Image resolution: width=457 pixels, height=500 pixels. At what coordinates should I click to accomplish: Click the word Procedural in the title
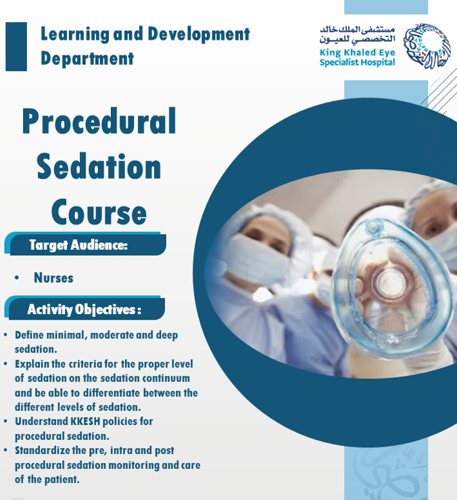tap(99, 121)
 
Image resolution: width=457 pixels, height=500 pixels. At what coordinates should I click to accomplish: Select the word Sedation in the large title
tap(99, 166)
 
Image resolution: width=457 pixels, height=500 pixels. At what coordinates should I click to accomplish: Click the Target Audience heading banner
tap(85, 244)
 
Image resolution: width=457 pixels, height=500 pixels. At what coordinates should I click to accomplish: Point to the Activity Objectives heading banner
tap(85, 308)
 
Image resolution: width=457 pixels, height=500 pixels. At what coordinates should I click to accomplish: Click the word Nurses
tap(53, 278)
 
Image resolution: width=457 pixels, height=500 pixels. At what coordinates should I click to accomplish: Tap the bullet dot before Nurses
tap(17, 278)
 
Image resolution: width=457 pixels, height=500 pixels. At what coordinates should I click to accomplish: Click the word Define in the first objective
tap(29, 335)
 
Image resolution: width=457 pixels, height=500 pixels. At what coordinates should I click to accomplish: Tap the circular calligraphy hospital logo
tap(427, 45)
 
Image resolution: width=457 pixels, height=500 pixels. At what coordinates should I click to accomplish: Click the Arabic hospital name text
tap(358, 34)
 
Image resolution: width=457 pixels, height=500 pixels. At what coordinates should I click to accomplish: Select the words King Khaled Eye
tap(358, 52)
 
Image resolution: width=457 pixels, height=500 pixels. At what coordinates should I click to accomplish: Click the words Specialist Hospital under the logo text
tap(358, 62)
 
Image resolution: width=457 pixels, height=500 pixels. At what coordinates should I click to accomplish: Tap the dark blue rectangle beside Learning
tap(16, 47)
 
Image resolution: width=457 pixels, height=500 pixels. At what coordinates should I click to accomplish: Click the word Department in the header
tap(87, 58)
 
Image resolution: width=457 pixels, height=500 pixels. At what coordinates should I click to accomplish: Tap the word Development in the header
tap(199, 34)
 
